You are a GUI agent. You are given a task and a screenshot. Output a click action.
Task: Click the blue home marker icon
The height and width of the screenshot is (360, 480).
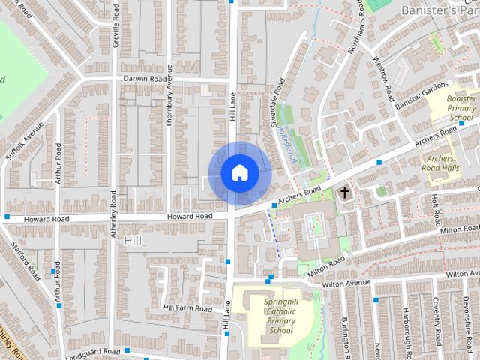[x=239, y=173]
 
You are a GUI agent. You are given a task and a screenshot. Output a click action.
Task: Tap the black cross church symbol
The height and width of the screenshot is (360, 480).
[x=345, y=193]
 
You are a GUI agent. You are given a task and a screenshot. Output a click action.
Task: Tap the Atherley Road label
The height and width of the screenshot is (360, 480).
[x=115, y=218]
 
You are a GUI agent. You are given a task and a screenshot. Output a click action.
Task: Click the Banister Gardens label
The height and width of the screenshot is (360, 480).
[x=421, y=97]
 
